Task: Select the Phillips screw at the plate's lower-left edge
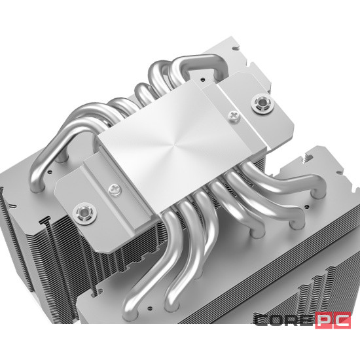116,189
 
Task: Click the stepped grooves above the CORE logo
308,288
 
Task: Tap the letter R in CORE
289,321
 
